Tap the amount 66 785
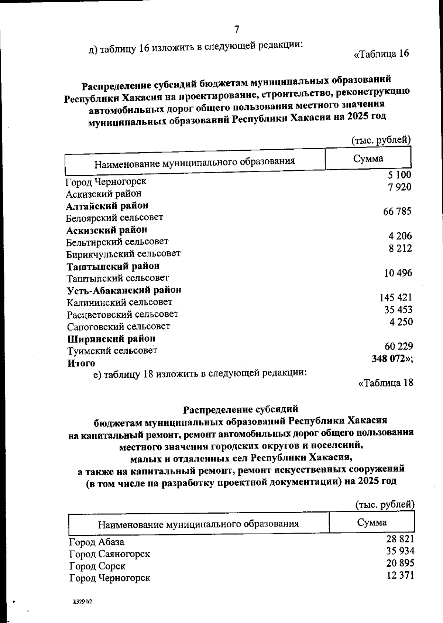point(397,211)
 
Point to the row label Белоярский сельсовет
point(114,217)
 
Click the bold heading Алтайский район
point(107,205)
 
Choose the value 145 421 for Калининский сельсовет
point(396,297)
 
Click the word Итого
point(81,363)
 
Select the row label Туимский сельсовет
point(112,350)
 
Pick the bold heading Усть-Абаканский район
point(124,290)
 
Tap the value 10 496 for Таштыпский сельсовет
point(398,273)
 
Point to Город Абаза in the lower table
point(96,542)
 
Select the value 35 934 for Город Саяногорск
point(400,551)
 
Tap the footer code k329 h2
point(82,602)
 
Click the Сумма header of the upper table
point(368,159)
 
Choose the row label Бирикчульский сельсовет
point(123,254)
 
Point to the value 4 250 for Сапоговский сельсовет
point(401,321)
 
